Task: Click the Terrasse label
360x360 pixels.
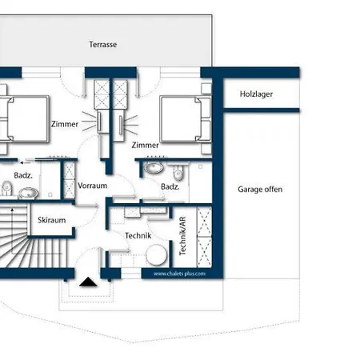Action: point(103,45)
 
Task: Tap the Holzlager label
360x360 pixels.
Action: point(256,94)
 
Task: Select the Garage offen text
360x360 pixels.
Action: point(260,190)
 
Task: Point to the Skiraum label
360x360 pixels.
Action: point(52,220)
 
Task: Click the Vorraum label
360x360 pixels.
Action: point(93,186)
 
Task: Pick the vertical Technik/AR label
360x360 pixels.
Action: point(182,236)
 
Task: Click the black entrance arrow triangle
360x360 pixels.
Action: point(88,282)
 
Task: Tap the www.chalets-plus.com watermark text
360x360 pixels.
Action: point(179,274)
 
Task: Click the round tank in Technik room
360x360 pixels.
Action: point(157,254)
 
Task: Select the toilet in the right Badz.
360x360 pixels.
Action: point(178,172)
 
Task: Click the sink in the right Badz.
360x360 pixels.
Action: point(154,167)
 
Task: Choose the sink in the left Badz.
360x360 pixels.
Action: point(28,193)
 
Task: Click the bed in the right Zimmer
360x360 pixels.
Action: point(186,119)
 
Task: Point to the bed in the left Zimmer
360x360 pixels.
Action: point(25,119)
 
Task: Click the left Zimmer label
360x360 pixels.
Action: point(65,124)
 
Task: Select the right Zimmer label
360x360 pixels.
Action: point(146,145)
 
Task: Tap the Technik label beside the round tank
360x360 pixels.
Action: point(138,236)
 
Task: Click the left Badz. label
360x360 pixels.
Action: point(23,175)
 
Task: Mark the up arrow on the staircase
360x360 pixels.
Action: point(12,231)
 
